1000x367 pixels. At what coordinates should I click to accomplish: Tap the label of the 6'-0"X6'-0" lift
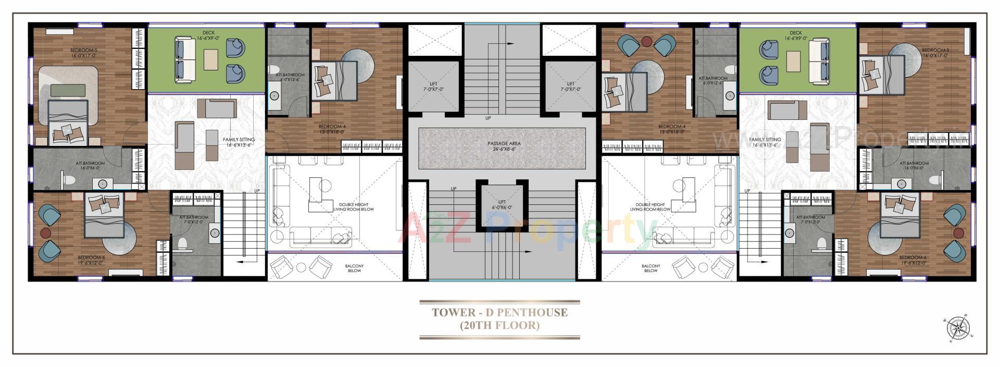pos(502,204)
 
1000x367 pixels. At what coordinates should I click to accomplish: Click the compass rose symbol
pos(958,328)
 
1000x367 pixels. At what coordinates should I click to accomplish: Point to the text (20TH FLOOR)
pos(499,326)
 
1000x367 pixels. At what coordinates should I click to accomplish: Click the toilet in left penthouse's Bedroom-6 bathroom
pos(182,243)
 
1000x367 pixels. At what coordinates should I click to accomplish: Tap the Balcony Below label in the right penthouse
pos(651,268)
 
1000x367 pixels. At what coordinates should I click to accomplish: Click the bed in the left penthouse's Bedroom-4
pos(334,81)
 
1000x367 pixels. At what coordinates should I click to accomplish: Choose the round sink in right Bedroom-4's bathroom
pos(730,96)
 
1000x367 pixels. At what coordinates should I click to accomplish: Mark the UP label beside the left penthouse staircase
pos(257,191)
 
